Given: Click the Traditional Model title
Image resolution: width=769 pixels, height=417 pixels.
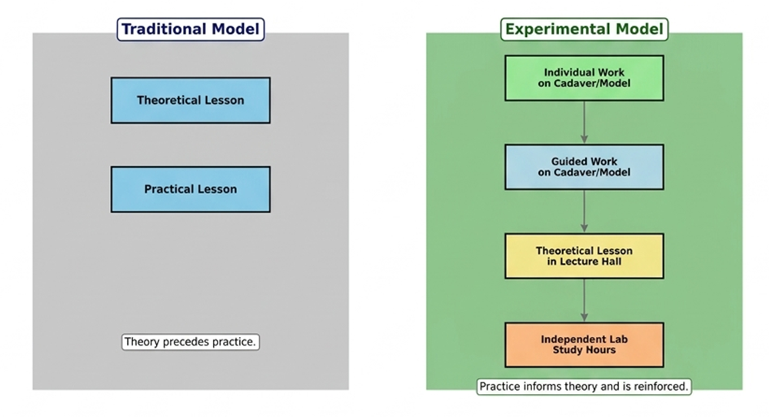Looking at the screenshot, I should click(191, 29).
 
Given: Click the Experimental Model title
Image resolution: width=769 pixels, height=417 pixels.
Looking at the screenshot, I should click(584, 29).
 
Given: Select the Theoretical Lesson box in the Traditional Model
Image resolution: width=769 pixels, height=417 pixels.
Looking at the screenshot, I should click(190, 100).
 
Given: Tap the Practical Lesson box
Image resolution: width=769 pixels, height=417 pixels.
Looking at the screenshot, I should click(190, 189).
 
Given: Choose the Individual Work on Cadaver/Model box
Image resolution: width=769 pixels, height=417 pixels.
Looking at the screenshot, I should click(584, 78).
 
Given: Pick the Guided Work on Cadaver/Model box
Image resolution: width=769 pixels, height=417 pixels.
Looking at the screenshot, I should click(584, 167).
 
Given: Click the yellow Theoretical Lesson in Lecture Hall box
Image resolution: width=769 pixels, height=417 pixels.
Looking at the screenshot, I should click(584, 255).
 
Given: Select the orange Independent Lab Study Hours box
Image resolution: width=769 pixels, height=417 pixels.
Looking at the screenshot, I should click(584, 345).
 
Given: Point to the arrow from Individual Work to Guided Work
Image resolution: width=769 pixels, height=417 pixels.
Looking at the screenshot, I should click(584, 122).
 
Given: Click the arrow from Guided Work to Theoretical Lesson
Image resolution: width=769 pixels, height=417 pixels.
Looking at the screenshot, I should click(584, 211).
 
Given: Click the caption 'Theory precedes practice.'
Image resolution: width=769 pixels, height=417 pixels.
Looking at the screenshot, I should click(191, 342).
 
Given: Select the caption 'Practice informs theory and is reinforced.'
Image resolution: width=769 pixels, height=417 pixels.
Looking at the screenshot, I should click(584, 386).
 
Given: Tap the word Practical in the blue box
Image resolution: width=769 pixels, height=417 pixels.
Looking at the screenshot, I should click(169, 189).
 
